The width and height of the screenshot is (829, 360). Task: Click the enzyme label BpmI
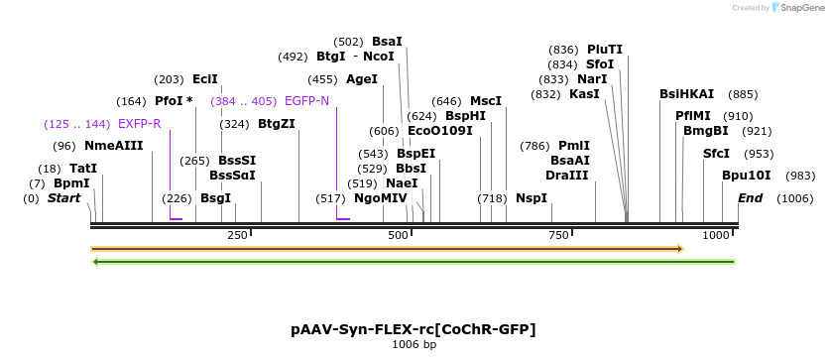tap(71, 183)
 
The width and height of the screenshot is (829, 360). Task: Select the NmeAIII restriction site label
tap(113, 146)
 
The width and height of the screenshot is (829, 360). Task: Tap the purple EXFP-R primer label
tap(139, 124)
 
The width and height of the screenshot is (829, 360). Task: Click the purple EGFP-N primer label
tap(306, 101)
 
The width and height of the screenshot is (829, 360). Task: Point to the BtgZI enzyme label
tap(277, 124)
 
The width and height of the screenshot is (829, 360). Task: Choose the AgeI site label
tap(362, 79)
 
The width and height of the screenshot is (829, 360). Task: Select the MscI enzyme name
tap(486, 101)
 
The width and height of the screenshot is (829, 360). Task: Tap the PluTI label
tap(605, 50)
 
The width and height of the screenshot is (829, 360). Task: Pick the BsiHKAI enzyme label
tap(686, 94)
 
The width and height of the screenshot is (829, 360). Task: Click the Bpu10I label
tap(747, 176)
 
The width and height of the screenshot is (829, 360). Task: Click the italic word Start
tap(64, 198)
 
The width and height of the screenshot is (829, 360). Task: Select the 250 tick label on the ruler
tap(237, 235)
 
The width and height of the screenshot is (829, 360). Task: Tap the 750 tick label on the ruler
tap(558, 235)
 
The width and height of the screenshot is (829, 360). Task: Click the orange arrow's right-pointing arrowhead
tap(679, 248)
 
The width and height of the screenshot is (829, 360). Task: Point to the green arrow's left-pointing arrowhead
tap(95, 262)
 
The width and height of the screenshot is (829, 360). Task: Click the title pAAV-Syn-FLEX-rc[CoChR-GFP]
tap(414, 329)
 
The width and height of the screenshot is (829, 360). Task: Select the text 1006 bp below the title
tap(414, 345)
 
